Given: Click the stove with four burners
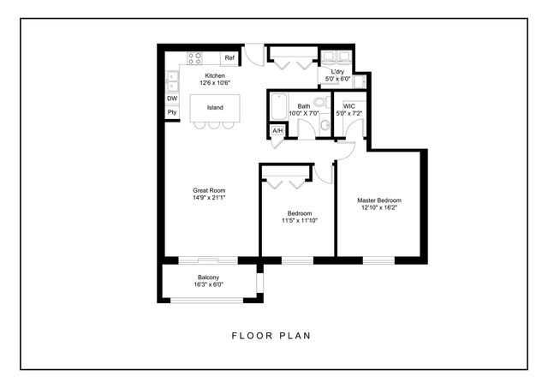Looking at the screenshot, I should [194, 58].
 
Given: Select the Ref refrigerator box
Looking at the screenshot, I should [229, 58].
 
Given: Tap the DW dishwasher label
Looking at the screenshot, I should [172, 98].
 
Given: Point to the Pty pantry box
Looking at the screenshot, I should [172, 112].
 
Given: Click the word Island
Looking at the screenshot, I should [215, 107].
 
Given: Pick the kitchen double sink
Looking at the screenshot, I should [172, 81].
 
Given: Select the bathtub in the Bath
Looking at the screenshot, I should [279, 109].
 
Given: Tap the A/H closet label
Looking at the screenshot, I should [277, 131].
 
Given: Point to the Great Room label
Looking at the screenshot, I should [208, 190].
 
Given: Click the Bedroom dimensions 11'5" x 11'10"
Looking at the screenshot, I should [299, 219].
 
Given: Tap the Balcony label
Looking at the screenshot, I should [209, 277].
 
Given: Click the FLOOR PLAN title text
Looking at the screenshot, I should [271, 336].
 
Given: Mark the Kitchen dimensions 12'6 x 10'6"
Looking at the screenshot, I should [215, 83].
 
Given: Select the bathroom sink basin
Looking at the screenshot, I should [325, 125].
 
